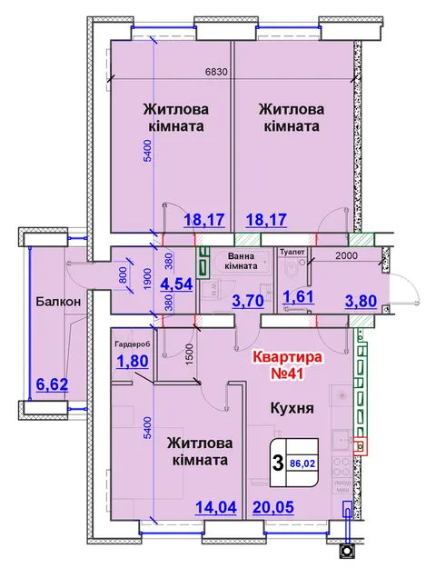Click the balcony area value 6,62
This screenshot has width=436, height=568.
tap(52, 384)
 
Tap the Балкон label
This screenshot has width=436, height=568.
tap(58, 302)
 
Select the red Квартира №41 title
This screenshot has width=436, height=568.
tap(287, 364)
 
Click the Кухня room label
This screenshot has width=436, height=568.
tap(292, 408)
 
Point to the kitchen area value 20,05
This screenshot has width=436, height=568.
tap(273, 507)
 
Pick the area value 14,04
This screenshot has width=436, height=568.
tap(216, 507)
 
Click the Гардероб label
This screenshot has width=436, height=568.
tap(132, 344)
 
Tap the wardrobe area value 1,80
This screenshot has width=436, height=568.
tap(133, 361)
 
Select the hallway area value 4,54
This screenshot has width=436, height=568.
tap(176, 284)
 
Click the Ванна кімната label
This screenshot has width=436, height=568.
tap(241, 261)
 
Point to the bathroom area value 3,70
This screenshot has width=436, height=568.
tap(248, 301)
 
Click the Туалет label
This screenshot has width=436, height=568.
tap(292, 252)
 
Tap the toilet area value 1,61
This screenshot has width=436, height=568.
tap(298, 296)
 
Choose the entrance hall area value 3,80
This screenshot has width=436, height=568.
tap(361, 301)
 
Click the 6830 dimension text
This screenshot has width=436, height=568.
tap(216, 72)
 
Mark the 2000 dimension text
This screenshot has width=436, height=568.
tap(347, 255)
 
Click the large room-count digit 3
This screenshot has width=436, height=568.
tap(278, 463)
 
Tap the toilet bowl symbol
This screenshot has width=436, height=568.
tap(291, 269)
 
